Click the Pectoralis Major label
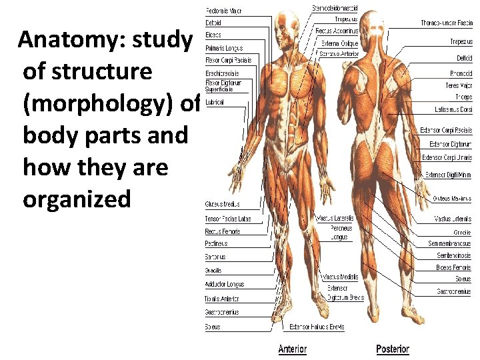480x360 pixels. (223, 11)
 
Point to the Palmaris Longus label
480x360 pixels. (224, 48)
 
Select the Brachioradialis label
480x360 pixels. (223, 73)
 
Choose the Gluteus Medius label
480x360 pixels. (223, 204)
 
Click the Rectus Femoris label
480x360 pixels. (223, 231)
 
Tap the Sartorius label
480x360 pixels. (215, 257)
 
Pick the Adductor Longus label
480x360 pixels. (225, 285)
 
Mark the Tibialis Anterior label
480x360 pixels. (222, 299)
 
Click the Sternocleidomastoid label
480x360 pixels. (335, 8)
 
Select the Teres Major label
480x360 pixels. (458, 86)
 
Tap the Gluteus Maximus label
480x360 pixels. (451, 199)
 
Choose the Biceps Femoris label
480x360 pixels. (453, 267)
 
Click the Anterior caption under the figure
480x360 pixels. (293, 349)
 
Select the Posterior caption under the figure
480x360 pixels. (392, 349)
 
